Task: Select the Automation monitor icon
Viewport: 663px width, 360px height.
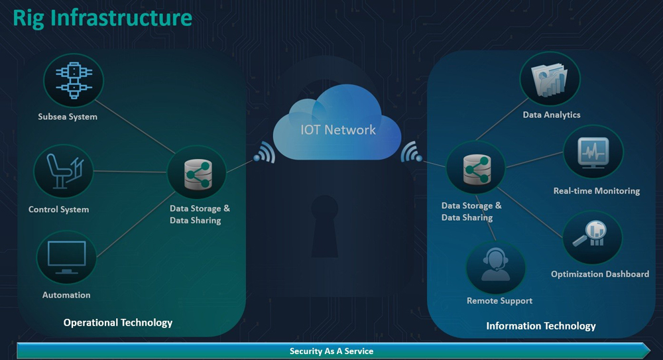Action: (66, 257)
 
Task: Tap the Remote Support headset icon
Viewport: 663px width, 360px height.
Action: (495, 266)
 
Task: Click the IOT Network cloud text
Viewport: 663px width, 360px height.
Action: (338, 130)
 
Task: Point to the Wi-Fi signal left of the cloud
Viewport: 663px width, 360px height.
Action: (265, 154)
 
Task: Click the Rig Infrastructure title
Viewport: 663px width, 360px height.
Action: (103, 18)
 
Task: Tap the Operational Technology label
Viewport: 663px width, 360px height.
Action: (118, 323)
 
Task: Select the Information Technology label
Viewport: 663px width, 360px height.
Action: (541, 326)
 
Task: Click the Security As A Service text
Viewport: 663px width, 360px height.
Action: (331, 351)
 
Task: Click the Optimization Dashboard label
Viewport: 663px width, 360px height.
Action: (600, 274)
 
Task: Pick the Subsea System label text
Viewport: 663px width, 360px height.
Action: (68, 117)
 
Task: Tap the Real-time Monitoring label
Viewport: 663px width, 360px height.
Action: (597, 191)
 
